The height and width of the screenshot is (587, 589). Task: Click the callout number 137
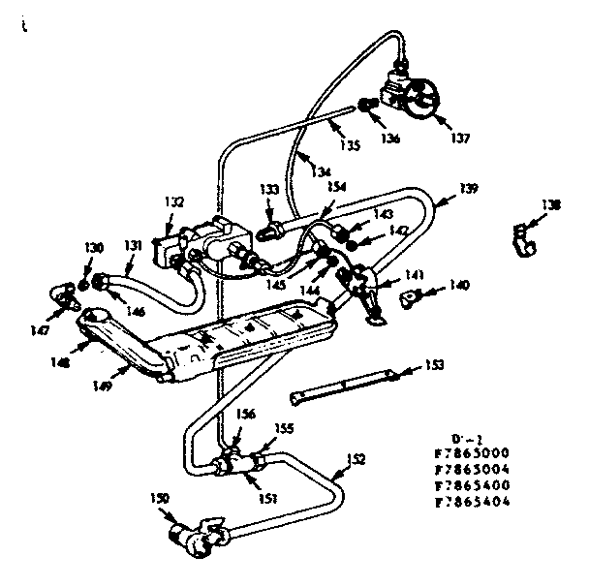(458, 139)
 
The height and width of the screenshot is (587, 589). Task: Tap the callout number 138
(551, 205)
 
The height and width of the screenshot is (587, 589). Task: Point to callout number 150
(160, 498)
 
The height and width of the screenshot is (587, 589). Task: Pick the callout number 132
(174, 202)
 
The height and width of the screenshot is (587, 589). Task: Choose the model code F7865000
(474, 453)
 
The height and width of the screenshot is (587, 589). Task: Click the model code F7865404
(474, 502)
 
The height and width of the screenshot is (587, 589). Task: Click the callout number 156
(247, 415)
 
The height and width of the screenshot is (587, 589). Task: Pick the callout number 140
(460, 285)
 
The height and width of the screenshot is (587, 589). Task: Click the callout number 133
(269, 189)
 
